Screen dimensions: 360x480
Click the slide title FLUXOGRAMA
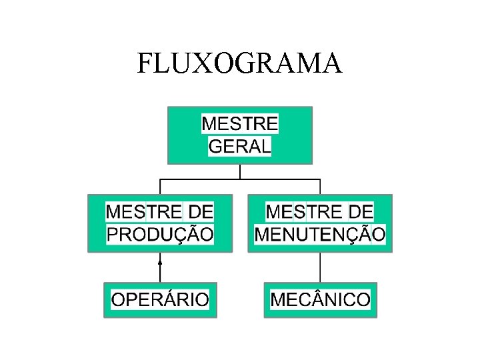[x=239, y=63]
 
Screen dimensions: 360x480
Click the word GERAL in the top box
[x=240, y=146]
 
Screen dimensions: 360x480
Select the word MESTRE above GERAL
[x=240, y=124]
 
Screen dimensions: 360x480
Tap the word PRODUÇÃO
[x=160, y=234]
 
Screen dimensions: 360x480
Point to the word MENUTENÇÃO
[x=320, y=234]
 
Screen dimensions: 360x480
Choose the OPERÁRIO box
[x=160, y=300]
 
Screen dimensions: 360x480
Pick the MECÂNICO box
[x=320, y=300]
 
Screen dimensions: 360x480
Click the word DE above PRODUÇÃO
[x=201, y=212]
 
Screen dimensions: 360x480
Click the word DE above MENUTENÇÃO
[x=361, y=212]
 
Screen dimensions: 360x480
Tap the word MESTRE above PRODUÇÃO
[x=144, y=212]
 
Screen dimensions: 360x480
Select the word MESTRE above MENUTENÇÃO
[x=304, y=212]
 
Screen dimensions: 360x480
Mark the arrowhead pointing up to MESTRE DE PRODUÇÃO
[x=160, y=262]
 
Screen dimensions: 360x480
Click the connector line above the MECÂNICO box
[x=320, y=267]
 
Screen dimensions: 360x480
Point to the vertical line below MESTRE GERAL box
[x=240, y=171]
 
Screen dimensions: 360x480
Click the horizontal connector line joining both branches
[x=240, y=179]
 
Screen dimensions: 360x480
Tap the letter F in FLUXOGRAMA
[x=145, y=63]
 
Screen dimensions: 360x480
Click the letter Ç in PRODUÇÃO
[x=183, y=235]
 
